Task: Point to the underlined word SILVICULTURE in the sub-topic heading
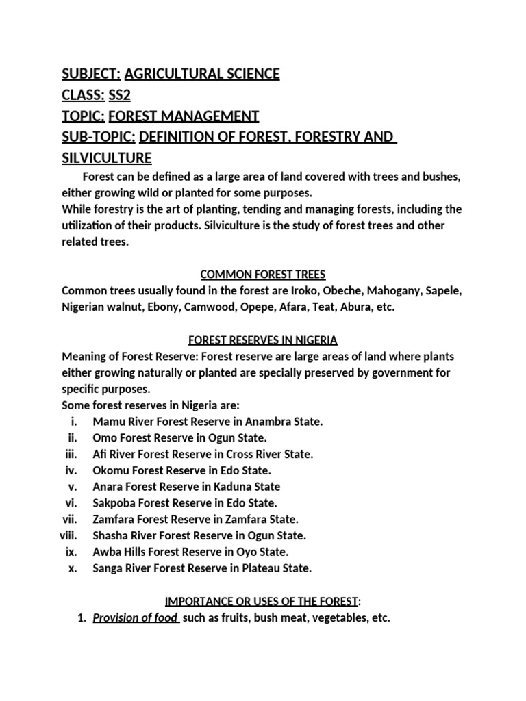(106, 158)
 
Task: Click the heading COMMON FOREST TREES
(261, 275)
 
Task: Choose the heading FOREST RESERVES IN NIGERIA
(262, 340)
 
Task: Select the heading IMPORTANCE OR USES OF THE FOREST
(261, 601)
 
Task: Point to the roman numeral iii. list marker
(72, 454)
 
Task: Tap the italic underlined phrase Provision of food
(135, 618)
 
